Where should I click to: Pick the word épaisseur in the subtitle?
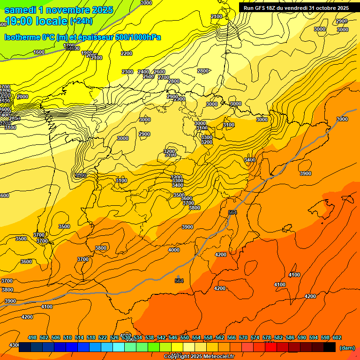point(94,37)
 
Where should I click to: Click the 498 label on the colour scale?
point(32,337)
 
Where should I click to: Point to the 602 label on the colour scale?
point(337,337)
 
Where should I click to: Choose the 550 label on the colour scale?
point(185,337)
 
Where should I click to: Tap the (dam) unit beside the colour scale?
point(347,348)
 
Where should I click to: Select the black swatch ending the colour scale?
point(330,347)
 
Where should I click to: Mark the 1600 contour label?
point(39,52)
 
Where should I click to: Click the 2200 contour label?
point(127,53)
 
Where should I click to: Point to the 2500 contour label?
point(149,76)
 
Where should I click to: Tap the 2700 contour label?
point(164,77)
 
